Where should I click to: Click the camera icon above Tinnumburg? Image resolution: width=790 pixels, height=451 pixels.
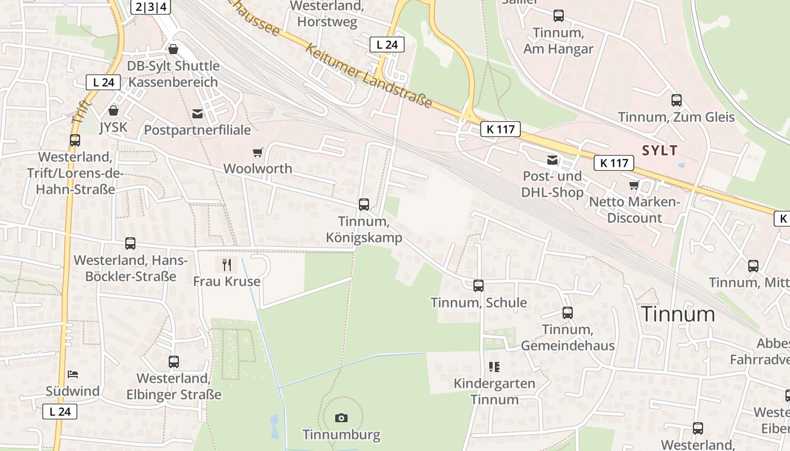[x=341, y=418]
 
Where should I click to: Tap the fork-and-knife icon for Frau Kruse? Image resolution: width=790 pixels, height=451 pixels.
[x=227, y=264]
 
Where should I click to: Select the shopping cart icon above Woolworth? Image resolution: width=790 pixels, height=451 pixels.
[x=258, y=152]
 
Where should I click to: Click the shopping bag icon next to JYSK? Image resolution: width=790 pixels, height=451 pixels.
[x=113, y=110]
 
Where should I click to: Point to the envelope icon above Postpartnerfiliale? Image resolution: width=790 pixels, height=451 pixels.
[x=197, y=114]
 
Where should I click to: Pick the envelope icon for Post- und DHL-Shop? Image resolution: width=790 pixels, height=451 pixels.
[x=552, y=161]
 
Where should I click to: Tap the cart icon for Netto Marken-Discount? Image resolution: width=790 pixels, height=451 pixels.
[x=635, y=185]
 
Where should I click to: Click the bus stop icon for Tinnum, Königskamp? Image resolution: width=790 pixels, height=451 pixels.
[x=364, y=205]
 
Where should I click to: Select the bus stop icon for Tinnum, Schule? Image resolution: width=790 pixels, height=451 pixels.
[x=479, y=286]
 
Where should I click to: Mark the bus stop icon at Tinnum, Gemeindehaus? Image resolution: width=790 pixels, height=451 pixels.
[x=568, y=313]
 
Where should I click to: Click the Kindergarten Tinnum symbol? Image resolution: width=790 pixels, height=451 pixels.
[x=495, y=368]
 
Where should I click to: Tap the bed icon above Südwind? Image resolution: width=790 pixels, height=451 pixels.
[x=73, y=374]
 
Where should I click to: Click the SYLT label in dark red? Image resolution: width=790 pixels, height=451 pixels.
[x=660, y=151]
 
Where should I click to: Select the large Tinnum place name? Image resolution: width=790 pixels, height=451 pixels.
[x=679, y=314]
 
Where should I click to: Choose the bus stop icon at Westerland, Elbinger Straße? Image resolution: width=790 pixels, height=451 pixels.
[x=174, y=362]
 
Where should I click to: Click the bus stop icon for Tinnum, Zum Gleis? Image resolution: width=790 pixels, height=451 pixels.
[x=677, y=100]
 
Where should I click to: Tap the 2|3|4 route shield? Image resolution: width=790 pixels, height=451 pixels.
[x=151, y=7]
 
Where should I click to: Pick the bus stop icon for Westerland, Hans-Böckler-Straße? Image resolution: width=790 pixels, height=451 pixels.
[x=130, y=244]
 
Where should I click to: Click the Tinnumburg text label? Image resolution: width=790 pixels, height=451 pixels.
[x=341, y=435]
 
